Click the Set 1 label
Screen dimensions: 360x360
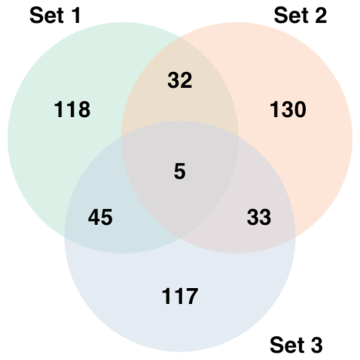[55, 16]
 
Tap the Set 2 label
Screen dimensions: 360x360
[300, 16]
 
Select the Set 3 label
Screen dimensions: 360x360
[296, 345]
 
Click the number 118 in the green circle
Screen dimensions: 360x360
[72, 109]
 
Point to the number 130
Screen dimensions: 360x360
[288, 109]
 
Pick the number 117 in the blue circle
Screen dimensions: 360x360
[180, 296]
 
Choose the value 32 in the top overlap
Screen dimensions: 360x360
[180, 80]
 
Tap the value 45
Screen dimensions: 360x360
[100, 217]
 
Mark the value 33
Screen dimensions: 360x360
[259, 217]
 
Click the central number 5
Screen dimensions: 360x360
[180, 171]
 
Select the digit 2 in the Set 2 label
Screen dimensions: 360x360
[321, 16]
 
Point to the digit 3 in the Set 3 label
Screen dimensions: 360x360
[316, 345]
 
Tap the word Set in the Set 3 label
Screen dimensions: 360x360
[286, 345]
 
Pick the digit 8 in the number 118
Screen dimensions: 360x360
[85, 109]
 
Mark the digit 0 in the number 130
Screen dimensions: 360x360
[300, 109]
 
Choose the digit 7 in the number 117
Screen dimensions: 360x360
[192, 296]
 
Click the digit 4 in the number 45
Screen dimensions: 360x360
[94, 217]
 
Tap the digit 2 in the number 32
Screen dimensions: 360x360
[186, 80]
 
